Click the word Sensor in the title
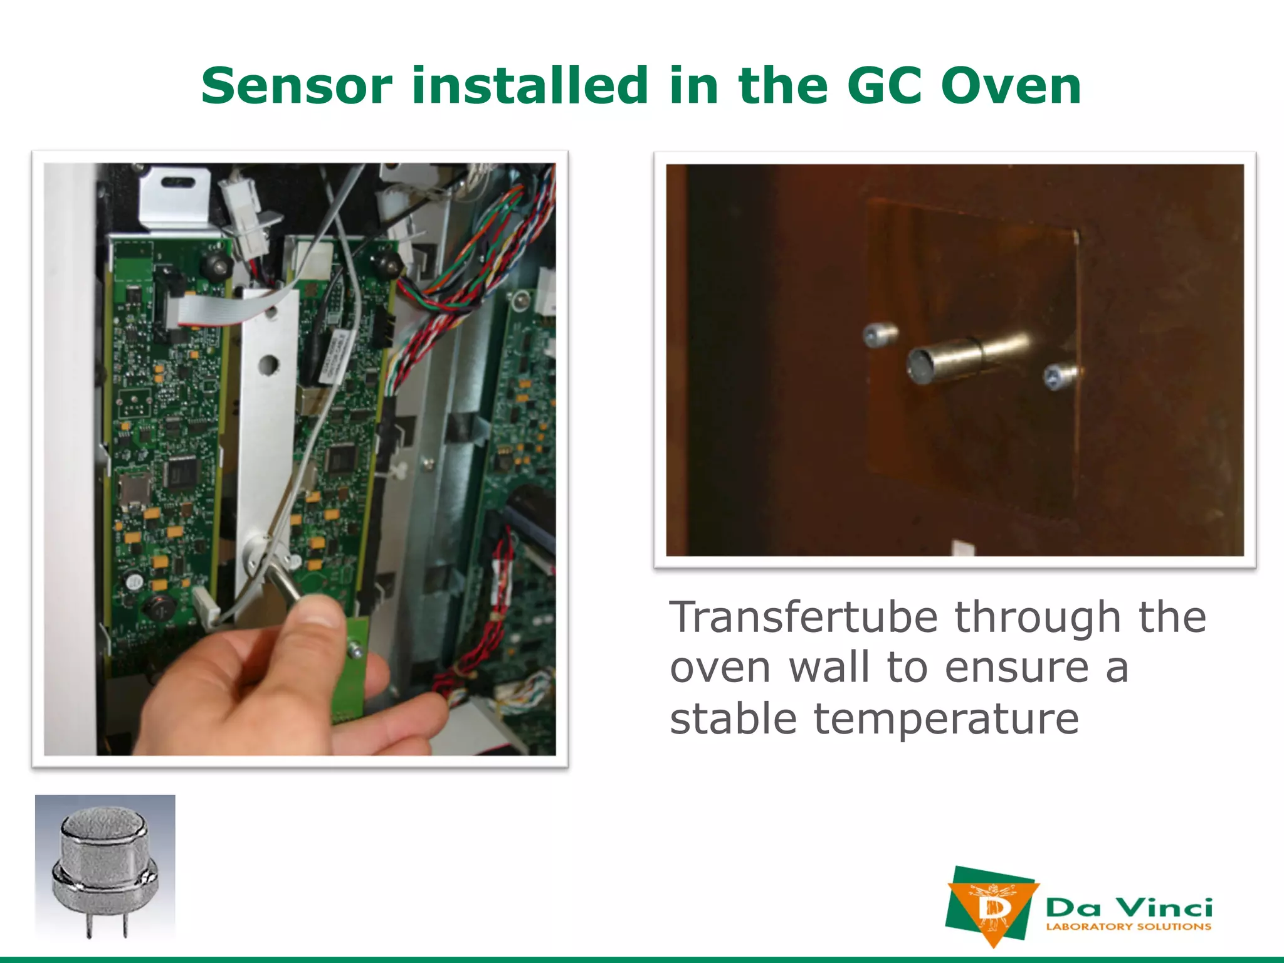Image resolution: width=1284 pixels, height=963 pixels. pos(297,86)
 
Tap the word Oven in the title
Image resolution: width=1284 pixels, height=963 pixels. pos(1011,86)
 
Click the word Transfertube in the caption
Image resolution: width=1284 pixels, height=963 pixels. pos(803,618)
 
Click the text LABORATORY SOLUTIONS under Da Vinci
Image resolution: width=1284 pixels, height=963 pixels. pos(1128,927)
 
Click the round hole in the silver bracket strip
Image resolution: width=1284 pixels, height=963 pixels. pos(268,364)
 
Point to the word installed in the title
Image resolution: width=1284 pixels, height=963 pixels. pos(529,86)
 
